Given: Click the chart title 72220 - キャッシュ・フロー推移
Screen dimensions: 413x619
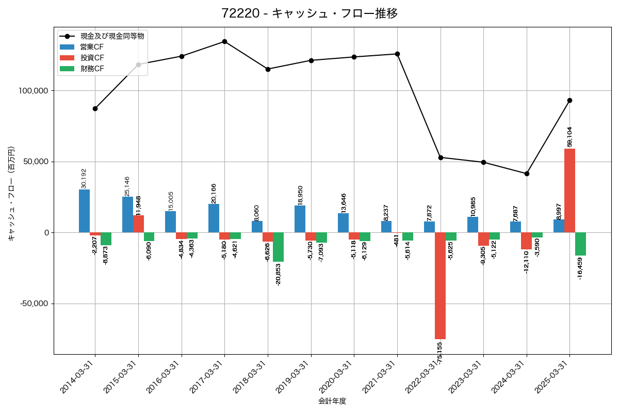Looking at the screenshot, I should point(309,13).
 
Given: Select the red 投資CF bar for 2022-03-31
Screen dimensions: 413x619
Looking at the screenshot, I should point(440,285).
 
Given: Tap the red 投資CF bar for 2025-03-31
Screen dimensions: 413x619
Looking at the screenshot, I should point(569,190).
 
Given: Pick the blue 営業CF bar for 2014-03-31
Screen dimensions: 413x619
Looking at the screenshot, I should point(84,211).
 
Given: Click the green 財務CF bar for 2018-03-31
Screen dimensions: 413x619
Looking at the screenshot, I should point(278,247).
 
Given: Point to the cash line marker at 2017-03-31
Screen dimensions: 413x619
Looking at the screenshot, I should point(224,41).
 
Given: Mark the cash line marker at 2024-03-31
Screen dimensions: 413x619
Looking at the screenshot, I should point(527,173).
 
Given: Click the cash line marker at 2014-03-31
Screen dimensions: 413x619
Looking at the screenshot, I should point(95,108).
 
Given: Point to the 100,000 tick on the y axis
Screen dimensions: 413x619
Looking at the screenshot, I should point(33,91).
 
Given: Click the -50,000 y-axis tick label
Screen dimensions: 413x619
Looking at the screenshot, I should point(34,304).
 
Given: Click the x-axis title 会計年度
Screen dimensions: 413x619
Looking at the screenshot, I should point(332,401).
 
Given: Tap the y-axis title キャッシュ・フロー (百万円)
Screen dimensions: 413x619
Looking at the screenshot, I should point(11,194).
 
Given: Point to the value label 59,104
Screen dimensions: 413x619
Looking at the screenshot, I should point(569,137).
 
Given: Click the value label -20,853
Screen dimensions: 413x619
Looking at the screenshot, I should point(278,274).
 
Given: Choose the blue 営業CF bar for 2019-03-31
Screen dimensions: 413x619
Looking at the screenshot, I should point(300,219).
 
